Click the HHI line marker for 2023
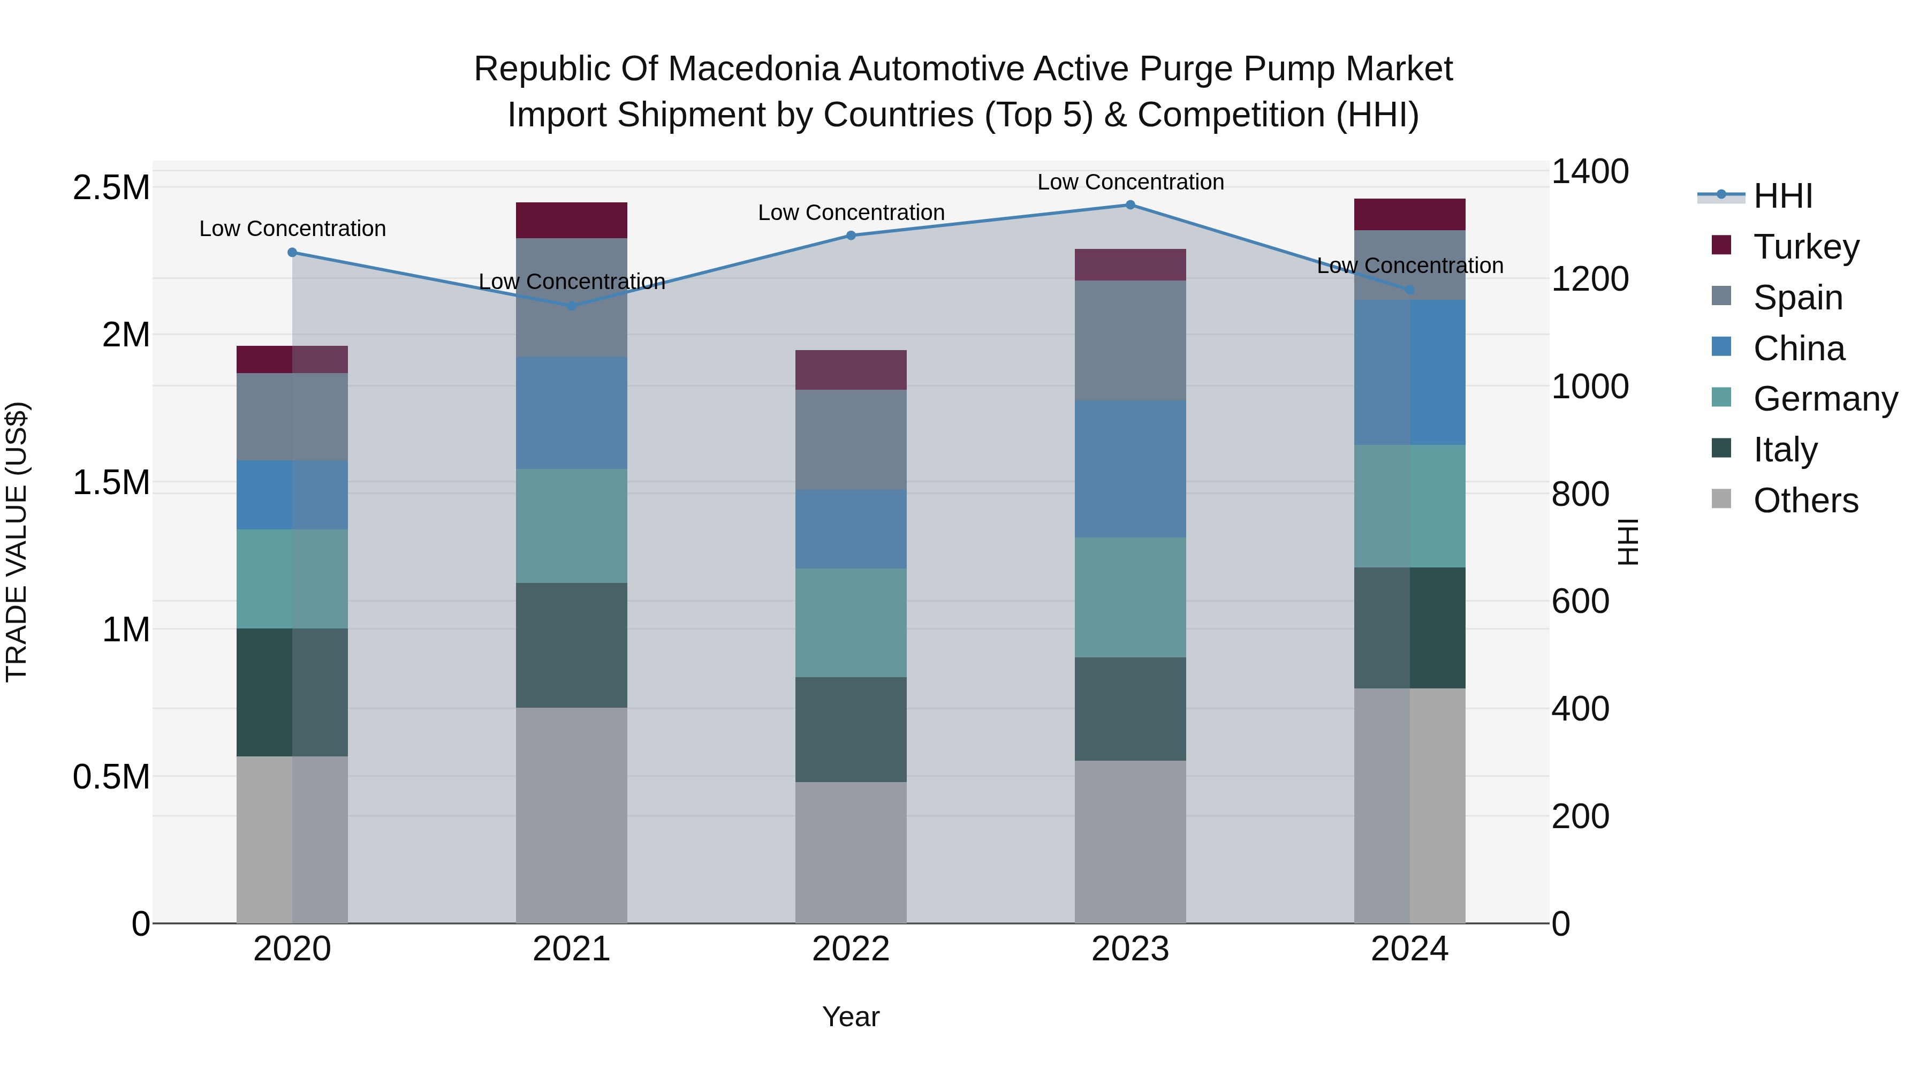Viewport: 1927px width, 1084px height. [x=1131, y=205]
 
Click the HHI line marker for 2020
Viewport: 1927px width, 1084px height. [x=292, y=253]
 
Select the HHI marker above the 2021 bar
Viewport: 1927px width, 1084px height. [x=572, y=306]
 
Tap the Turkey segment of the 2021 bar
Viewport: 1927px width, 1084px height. [x=572, y=220]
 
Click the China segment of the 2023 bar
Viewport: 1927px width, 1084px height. [x=1131, y=469]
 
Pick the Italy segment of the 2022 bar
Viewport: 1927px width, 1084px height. [x=851, y=730]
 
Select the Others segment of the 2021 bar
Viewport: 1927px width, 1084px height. [x=572, y=815]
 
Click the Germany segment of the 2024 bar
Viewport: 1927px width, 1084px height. [x=1409, y=506]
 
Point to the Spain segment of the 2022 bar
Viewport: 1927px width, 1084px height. [x=851, y=440]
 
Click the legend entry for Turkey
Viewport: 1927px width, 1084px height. [x=1806, y=247]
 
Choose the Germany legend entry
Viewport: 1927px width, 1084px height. [x=1825, y=399]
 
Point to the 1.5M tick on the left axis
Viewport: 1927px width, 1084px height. [x=111, y=482]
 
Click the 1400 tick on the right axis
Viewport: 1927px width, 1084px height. [x=1590, y=171]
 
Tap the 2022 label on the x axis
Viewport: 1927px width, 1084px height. [x=851, y=949]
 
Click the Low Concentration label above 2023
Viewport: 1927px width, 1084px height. [x=1131, y=182]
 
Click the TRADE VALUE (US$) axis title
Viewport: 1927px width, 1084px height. [x=17, y=542]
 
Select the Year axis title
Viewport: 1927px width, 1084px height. [x=851, y=1017]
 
